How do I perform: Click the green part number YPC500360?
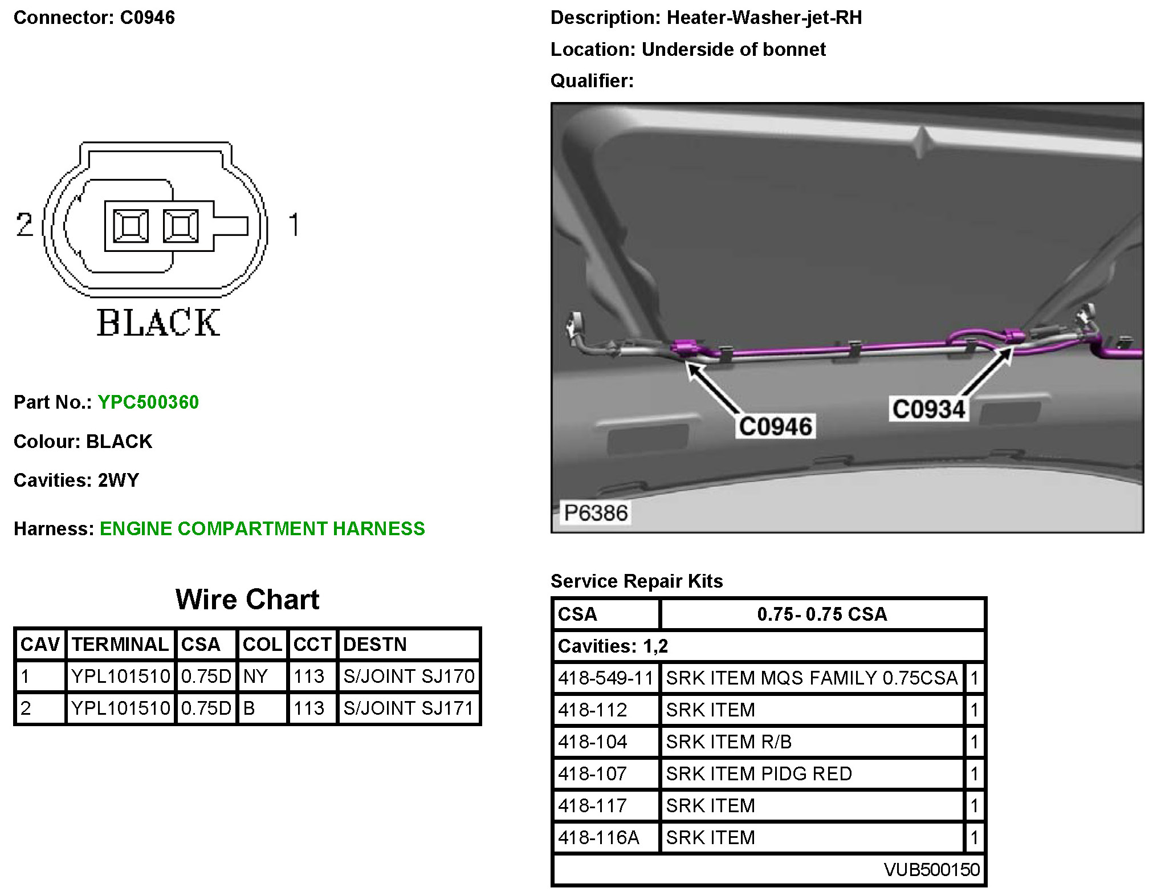tap(148, 402)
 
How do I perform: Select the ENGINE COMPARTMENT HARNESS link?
tap(262, 528)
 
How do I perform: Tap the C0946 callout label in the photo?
tap(775, 426)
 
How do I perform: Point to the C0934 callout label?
tap(928, 409)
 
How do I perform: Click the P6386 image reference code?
tap(596, 513)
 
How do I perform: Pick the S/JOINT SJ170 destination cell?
tap(409, 677)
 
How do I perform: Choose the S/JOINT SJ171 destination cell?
tap(409, 708)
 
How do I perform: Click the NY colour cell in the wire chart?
tap(255, 677)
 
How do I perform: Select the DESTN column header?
tap(375, 644)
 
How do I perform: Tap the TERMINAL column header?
tap(120, 644)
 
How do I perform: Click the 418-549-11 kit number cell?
tap(605, 678)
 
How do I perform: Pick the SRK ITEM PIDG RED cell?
tap(759, 773)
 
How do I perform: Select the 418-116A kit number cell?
tap(598, 837)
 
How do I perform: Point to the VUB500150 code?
tap(931, 869)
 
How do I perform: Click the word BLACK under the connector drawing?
tap(158, 323)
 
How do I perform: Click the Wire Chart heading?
tap(247, 600)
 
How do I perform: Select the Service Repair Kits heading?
tap(637, 581)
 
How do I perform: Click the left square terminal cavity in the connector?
tap(131, 226)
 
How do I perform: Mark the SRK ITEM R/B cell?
tap(728, 742)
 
